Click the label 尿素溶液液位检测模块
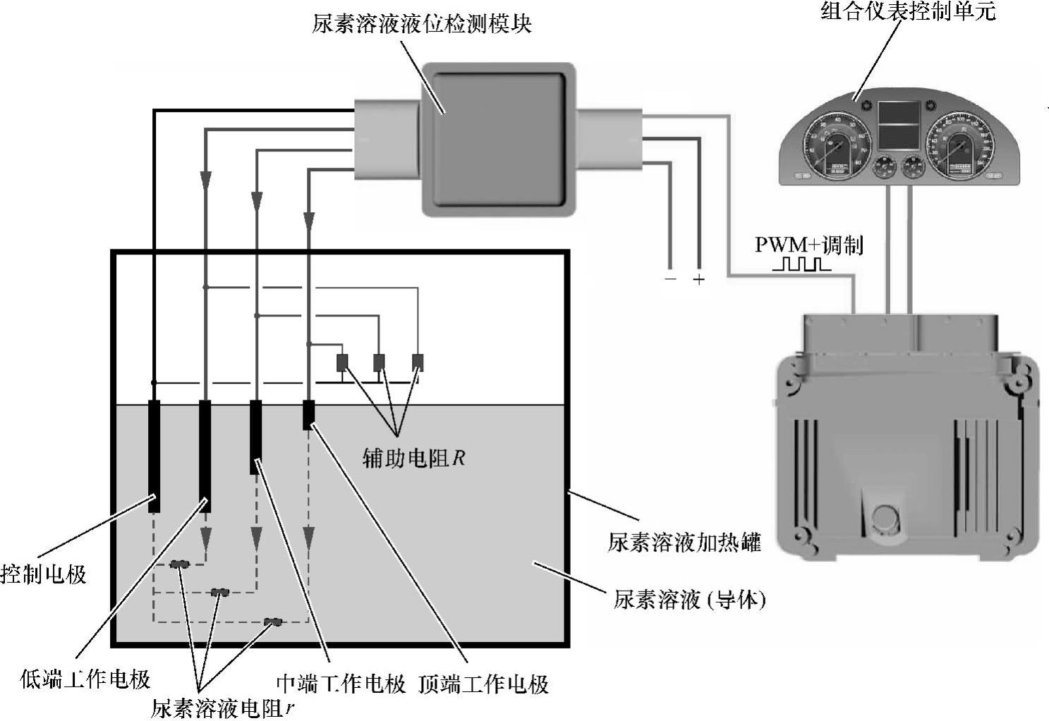tap(421, 24)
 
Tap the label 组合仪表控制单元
tap(908, 11)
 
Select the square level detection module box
tap(498, 138)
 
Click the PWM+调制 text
tap(808, 245)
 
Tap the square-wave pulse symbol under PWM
tap(801, 265)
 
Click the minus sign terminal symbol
tap(669, 279)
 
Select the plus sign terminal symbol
tap(698, 279)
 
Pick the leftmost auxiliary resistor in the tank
tap(342, 362)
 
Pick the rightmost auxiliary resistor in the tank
tap(418, 362)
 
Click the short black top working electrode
tap(308, 414)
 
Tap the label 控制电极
tap(44, 574)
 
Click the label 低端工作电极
tap(85, 679)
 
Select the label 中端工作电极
tap(341, 684)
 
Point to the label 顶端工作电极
tap(483, 684)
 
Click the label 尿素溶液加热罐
tap(684, 543)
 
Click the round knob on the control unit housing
tap(884, 518)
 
